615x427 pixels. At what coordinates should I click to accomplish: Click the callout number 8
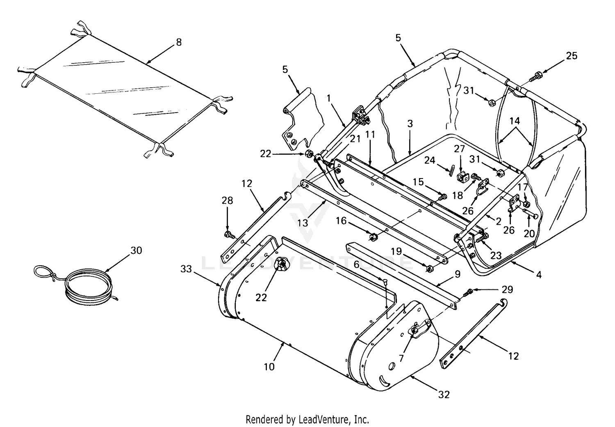178,42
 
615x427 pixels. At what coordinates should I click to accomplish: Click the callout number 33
186,269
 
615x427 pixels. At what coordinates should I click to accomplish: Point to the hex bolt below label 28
228,235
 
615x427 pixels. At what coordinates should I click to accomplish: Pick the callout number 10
269,366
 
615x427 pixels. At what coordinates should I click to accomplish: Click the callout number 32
444,394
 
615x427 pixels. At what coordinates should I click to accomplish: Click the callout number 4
539,275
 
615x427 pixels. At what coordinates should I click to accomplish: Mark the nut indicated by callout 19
429,269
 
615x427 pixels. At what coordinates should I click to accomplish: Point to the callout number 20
529,233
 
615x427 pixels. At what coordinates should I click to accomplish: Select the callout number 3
410,124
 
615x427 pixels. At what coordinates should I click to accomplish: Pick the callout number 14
514,121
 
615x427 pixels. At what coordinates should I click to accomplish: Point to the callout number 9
457,273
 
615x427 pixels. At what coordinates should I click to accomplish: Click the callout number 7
401,358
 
